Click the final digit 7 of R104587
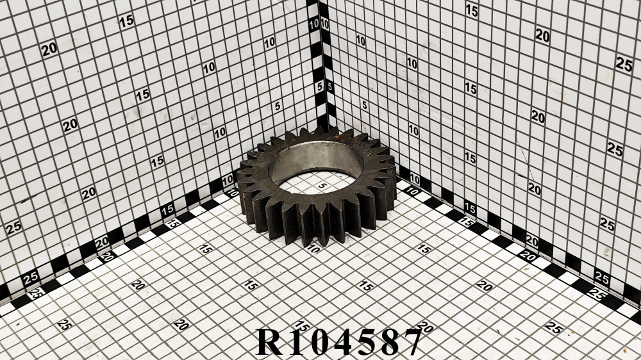point(411,342)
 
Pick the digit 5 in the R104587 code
point(365,342)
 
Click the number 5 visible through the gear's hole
point(322,186)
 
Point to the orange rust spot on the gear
point(336,130)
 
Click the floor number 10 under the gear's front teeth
point(313,249)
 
